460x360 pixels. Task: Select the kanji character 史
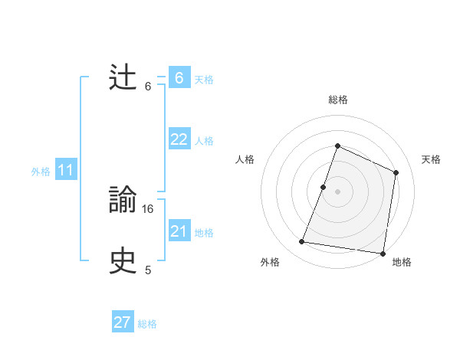tap(123, 261)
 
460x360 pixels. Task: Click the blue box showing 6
tap(179, 78)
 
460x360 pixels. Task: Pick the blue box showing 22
tap(179, 139)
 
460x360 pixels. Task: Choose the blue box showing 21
tap(179, 231)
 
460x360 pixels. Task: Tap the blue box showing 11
tap(65, 171)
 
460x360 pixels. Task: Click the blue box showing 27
tap(123, 322)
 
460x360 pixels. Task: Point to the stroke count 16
tap(148, 208)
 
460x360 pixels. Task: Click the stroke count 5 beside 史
tap(148, 270)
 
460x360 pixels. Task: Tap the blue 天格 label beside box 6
tap(204, 79)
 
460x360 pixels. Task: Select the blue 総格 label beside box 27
tap(147, 324)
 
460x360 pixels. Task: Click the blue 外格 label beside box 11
tap(41, 172)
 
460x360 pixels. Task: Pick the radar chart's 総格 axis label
tap(337, 100)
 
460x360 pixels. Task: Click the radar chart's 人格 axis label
tap(245, 159)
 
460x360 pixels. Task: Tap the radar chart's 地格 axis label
tap(402, 262)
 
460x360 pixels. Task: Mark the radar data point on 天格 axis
tap(396, 172)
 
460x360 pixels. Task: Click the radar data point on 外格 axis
tap(302, 242)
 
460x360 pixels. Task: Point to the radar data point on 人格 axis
tap(323, 187)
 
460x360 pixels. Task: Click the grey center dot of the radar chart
tap(337, 191)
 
